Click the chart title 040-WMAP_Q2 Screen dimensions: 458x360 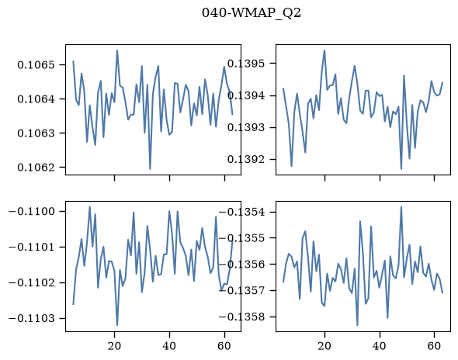click(x=252, y=13)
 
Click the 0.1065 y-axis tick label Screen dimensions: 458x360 click(x=36, y=64)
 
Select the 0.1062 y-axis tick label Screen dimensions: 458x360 click(x=36, y=168)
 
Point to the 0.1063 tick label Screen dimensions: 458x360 click(x=36, y=133)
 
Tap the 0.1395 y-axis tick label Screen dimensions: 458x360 click(x=246, y=64)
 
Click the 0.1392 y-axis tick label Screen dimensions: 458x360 click(x=246, y=159)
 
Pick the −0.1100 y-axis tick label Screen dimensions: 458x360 click(x=32, y=211)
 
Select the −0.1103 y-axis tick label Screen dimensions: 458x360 click(x=32, y=318)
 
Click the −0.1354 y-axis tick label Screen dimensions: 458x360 click(x=242, y=212)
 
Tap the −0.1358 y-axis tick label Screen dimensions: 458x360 click(x=242, y=317)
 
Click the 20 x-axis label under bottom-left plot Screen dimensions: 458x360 click(x=114, y=346)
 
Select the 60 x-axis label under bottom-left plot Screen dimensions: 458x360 click(x=224, y=346)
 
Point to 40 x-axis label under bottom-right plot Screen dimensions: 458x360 click(x=380, y=346)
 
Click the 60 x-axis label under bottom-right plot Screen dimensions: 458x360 click(x=435, y=346)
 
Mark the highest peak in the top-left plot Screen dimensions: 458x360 click(x=117, y=50)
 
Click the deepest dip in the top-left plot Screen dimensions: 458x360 click(x=150, y=169)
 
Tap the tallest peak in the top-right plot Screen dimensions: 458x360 click(x=324, y=50)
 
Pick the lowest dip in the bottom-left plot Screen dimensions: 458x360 click(x=117, y=325)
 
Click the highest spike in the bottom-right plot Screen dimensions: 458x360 click(x=401, y=206)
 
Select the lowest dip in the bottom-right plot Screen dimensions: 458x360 click(x=358, y=325)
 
